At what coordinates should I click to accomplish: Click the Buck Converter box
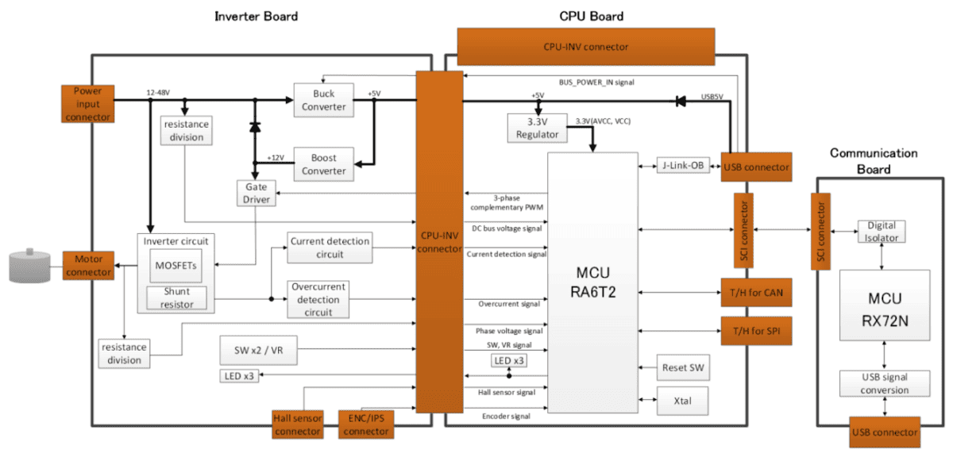tap(324, 100)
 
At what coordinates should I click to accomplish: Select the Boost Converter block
tap(324, 164)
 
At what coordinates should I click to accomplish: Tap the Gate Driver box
tap(256, 194)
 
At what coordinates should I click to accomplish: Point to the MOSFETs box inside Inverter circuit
tap(176, 266)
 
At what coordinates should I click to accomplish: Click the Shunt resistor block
tap(176, 298)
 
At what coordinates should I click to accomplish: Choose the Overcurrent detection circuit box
tap(318, 299)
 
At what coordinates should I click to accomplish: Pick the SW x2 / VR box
tap(259, 351)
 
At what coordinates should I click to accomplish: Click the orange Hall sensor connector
tap(297, 424)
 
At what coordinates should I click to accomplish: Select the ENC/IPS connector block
tap(366, 424)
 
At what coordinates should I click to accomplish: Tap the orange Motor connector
tap(88, 265)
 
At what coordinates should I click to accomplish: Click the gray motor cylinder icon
tap(30, 266)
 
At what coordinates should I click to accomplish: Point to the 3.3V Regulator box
tap(538, 128)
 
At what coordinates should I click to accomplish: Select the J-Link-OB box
tap(683, 165)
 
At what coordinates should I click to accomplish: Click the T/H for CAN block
tap(756, 293)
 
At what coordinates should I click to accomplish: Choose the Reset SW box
tap(683, 367)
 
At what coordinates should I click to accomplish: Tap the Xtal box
tap(683, 401)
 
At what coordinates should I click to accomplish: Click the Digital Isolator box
tap(882, 232)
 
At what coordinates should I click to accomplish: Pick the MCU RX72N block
tap(885, 305)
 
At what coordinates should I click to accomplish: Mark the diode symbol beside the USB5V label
tap(681, 102)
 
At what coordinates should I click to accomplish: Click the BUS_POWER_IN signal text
tap(596, 83)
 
